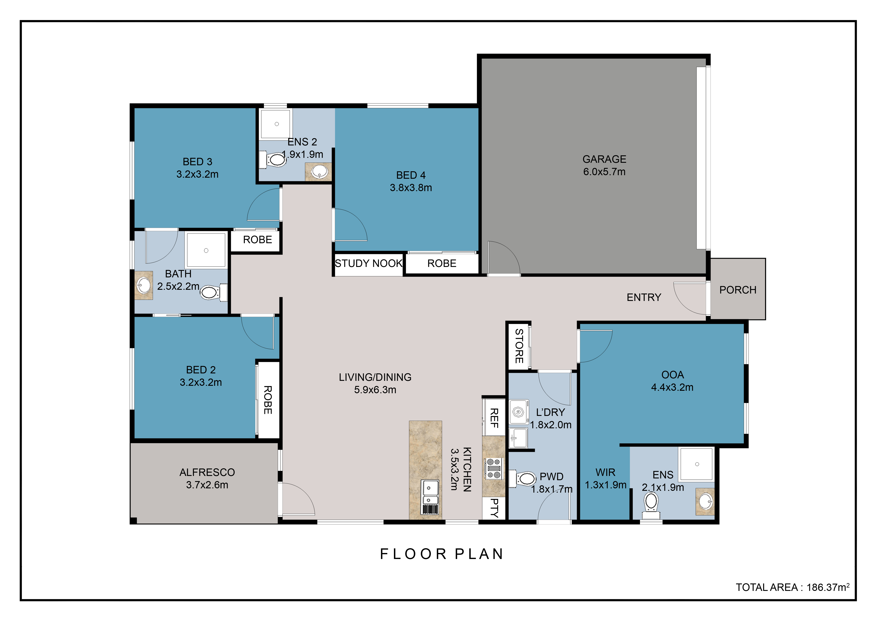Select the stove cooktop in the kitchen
coord(494,468)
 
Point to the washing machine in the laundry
coord(518,412)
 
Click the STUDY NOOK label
coord(369,263)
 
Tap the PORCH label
coord(738,290)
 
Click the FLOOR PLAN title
coord(442,554)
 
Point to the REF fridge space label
coord(494,418)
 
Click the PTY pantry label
coord(494,508)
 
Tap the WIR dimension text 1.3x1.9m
coord(605,485)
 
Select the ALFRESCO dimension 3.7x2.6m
coord(207,485)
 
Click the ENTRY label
coord(644,297)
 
